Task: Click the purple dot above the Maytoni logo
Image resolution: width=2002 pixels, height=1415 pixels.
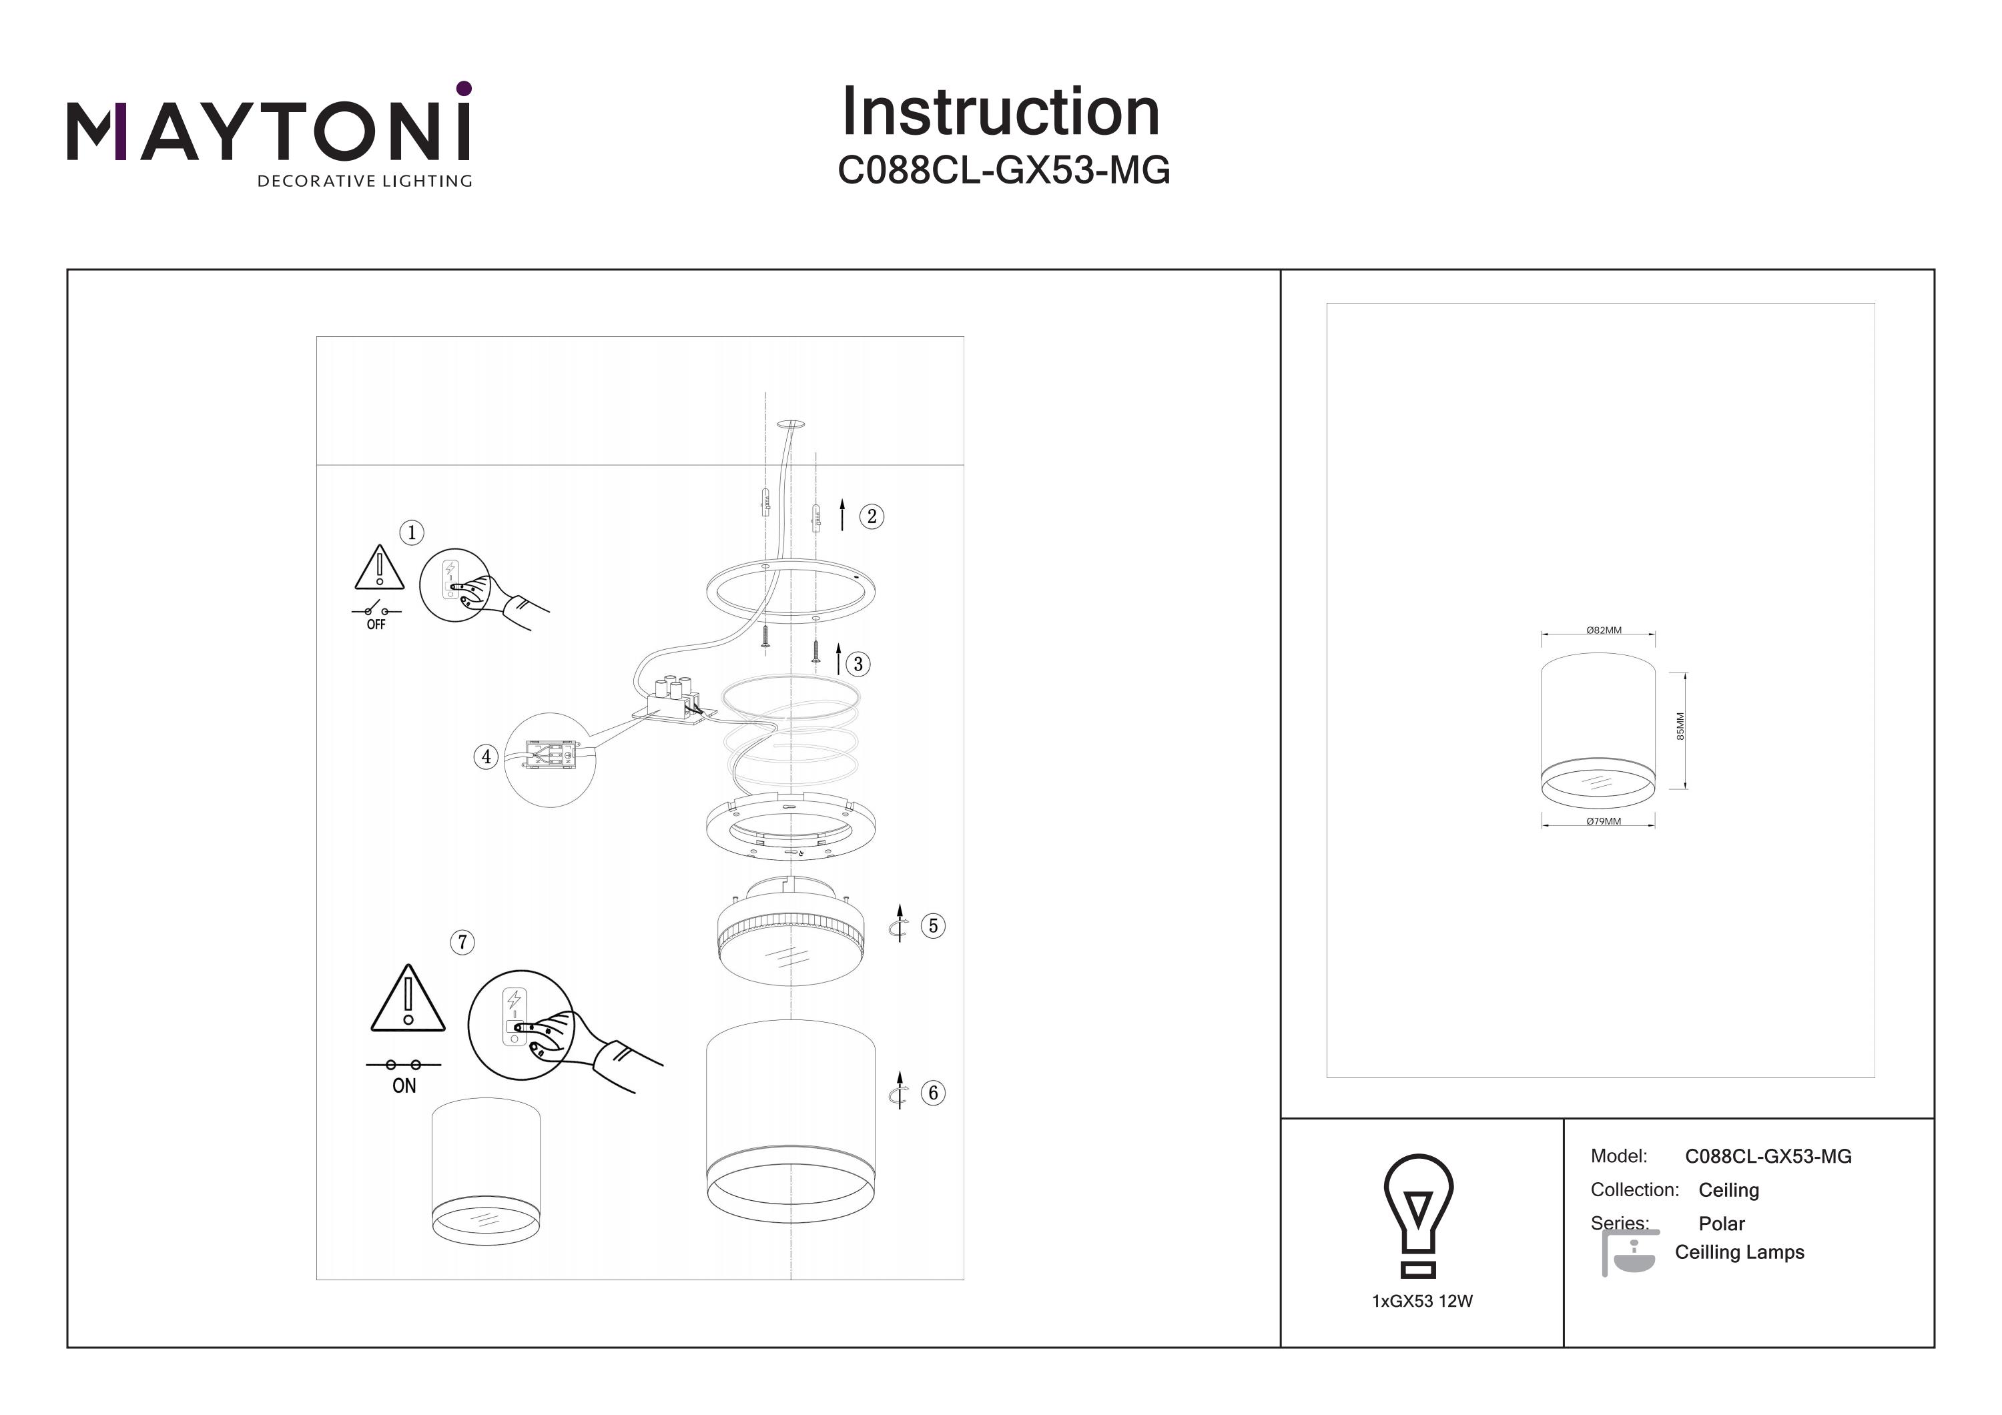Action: (x=464, y=88)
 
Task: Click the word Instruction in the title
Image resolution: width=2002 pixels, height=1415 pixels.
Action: (x=1000, y=113)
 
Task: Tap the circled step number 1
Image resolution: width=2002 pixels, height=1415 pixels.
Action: (x=412, y=532)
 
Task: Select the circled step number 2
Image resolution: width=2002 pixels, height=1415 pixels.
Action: (x=871, y=516)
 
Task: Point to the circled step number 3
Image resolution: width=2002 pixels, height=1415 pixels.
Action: (x=858, y=664)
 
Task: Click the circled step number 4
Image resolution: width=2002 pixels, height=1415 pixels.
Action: (x=486, y=757)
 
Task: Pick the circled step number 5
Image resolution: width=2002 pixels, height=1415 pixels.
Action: (x=933, y=926)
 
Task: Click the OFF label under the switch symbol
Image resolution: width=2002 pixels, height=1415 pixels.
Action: (x=376, y=624)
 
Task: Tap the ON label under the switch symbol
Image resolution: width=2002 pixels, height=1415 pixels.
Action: (x=404, y=1086)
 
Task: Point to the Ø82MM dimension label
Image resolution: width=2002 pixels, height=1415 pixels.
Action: (x=1604, y=630)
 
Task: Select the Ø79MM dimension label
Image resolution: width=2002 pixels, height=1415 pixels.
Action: (x=1604, y=821)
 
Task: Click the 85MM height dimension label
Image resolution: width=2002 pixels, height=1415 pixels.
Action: (x=1680, y=727)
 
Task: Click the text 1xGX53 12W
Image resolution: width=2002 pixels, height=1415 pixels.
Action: (x=1422, y=1302)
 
